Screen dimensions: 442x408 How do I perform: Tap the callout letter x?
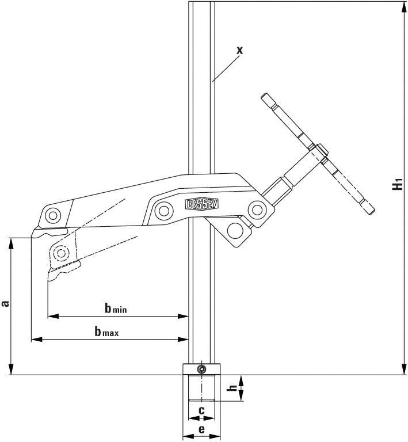(x=239, y=50)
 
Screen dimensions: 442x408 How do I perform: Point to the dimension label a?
(x=5, y=303)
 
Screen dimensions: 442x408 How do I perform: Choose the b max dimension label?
(x=106, y=331)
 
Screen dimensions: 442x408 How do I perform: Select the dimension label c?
(x=201, y=410)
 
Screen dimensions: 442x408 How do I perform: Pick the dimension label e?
(x=201, y=429)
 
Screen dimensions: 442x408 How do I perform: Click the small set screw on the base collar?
(x=201, y=369)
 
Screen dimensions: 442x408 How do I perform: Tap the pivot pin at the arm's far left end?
(x=53, y=216)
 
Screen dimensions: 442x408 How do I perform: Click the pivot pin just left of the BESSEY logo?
(x=163, y=209)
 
